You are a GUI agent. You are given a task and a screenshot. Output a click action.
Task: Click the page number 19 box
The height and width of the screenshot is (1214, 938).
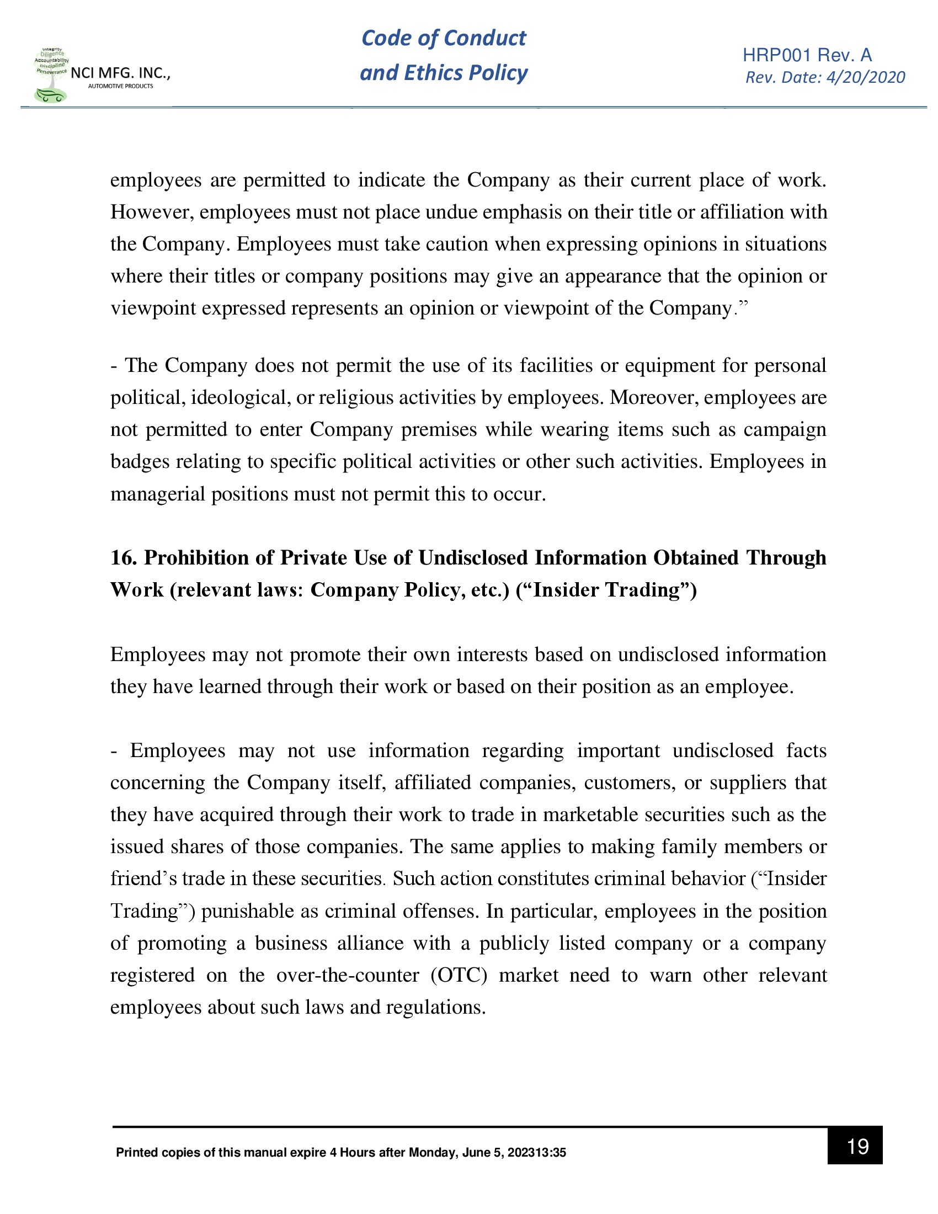tap(854, 1146)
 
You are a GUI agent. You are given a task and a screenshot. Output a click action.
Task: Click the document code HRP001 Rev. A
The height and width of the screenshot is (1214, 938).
tap(807, 55)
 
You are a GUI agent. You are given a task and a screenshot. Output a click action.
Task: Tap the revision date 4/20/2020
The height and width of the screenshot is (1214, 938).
tap(865, 77)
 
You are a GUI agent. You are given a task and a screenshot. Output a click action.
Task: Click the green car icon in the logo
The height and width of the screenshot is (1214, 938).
tap(50, 95)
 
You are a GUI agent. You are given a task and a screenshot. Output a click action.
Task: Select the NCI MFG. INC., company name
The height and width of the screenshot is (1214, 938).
tap(120, 73)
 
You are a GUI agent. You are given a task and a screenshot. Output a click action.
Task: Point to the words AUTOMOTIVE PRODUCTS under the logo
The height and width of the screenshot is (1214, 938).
tap(121, 86)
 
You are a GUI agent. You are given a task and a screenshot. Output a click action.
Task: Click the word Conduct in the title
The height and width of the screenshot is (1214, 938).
tap(484, 38)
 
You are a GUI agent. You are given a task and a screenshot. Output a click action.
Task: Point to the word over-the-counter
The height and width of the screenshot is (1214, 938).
tap(347, 975)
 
